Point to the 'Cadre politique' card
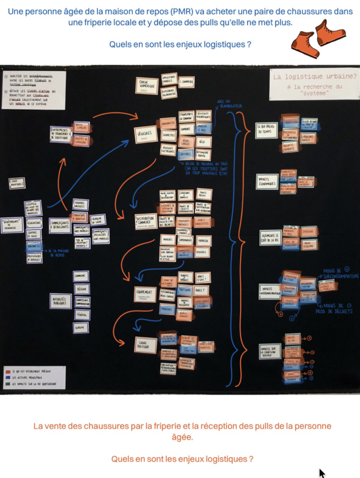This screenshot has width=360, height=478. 145,343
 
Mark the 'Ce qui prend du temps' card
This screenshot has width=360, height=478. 266,130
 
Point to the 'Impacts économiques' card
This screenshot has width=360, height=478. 267,181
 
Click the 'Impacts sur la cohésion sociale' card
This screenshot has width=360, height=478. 268,352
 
